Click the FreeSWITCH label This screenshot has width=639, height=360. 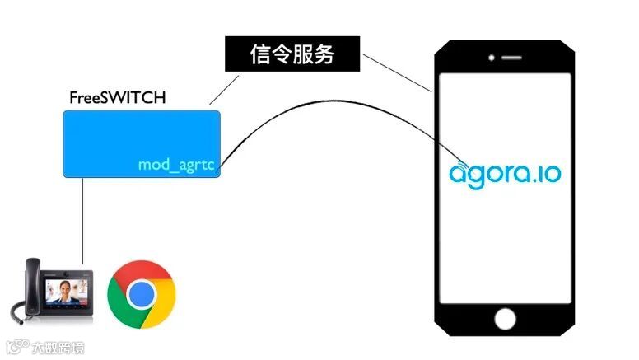pyautogui.click(x=117, y=98)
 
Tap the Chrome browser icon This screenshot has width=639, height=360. pyautogui.click(x=142, y=293)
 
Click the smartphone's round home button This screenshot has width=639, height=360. pyautogui.click(x=505, y=318)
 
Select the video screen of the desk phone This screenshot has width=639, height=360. pyautogui.click(x=68, y=292)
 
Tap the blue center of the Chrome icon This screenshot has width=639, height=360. pyautogui.click(x=142, y=293)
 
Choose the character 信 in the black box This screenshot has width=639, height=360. pyautogui.click(x=259, y=54)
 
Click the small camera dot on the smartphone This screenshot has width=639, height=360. pyautogui.click(x=492, y=58)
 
